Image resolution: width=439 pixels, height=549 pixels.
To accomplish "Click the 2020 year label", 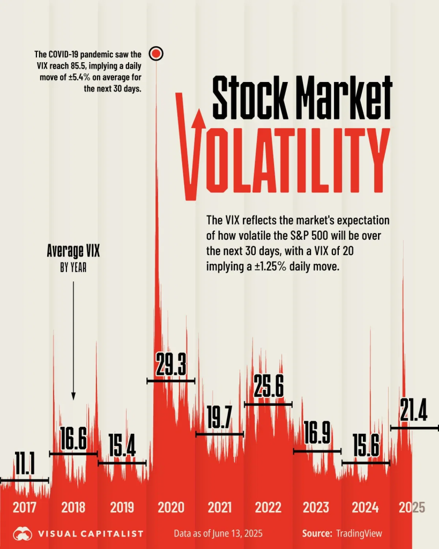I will tap(170, 507).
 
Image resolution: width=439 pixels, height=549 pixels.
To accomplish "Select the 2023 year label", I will tap(316, 507).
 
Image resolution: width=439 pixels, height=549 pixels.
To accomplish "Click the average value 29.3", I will tap(171, 366).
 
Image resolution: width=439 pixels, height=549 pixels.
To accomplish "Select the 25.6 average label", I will tap(269, 389).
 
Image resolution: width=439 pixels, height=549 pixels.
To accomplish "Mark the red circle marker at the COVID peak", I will tap(156, 54).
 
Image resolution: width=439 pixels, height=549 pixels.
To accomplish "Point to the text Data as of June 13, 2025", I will tap(218, 533).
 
